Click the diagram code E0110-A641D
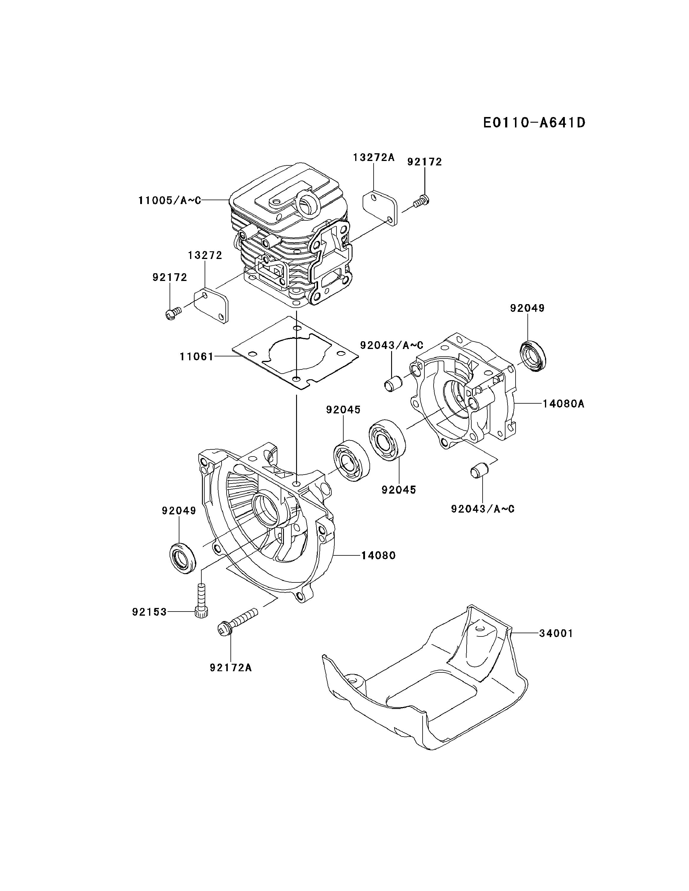coord(534,122)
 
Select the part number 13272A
coord(374,157)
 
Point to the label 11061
coord(197,357)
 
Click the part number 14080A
coord(563,404)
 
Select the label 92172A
coord(231,667)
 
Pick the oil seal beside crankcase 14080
coord(182,558)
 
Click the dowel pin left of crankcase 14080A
coord(393,383)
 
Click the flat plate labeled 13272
coord(211,305)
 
